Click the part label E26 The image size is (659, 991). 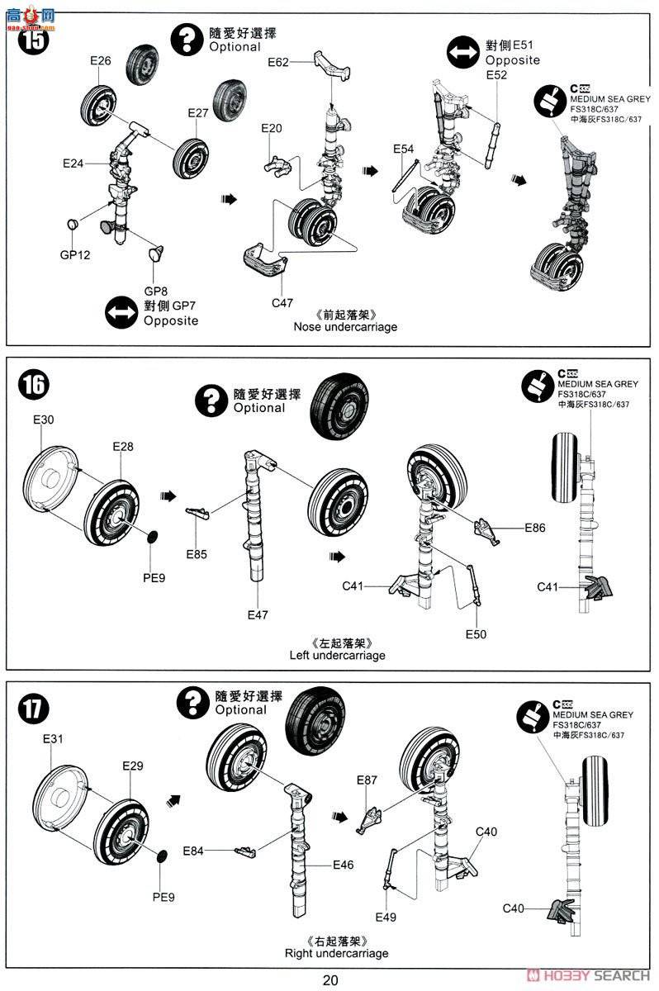pyautogui.click(x=101, y=61)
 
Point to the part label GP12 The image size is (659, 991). pyautogui.click(x=74, y=254)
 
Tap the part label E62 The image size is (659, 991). pyautogui.click(x=279, y=62)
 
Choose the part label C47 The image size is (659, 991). pyautogui.click(x=282, y=302)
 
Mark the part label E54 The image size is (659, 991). pyautogui.click(x=403, y=149)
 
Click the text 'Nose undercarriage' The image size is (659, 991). pyautogui.click(x=345, y=327)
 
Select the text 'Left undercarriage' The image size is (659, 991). pyautogui.click(x=337, y=656)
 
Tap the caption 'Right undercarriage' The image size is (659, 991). pyautogui.click(x=336, y=954)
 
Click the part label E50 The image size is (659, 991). pyautogui.click(x=476, y=633)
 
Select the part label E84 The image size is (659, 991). pyautogui.click(x=193, y=851)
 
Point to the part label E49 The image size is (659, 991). pyautogui.click(x=386, y=918)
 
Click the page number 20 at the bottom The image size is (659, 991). pyautogui.click(x=330, y=980)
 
